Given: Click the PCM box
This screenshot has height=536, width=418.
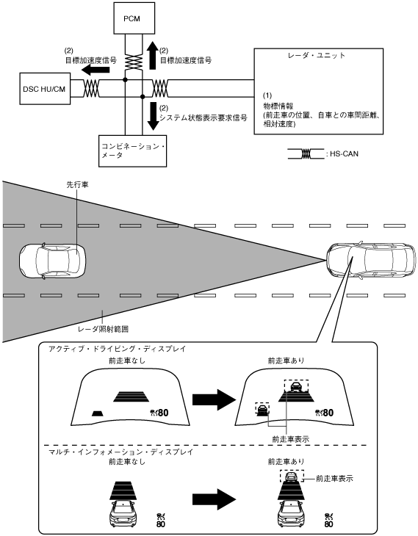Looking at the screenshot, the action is click(131, 18).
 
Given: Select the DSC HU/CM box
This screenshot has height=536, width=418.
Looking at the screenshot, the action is click(45, 89).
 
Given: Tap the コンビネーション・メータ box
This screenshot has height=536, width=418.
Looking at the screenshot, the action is click(132, 151).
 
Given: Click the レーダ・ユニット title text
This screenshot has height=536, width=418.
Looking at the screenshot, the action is click(317, 55).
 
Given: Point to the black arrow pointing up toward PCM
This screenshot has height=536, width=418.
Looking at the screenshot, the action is click(153, 56).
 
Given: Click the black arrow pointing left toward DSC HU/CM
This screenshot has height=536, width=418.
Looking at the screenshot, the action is click(96, 70).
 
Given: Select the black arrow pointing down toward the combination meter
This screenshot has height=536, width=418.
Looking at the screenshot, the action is click(154, 116).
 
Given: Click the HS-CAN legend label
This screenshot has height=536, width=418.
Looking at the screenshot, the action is click(344, 154).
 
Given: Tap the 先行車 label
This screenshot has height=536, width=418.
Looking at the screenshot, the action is click(77, 184).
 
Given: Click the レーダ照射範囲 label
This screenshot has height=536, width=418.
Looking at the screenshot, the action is click(103, 329).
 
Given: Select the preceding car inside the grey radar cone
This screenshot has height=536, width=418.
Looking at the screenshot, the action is click(52, 261).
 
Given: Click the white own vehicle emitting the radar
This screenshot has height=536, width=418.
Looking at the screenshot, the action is click(371, 261).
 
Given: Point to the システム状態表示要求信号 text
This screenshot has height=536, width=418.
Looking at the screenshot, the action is click(203, 117).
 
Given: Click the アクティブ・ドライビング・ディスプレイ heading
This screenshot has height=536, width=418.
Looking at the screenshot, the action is click(117, 349).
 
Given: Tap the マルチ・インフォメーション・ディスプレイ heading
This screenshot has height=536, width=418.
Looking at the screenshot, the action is click(120, 452).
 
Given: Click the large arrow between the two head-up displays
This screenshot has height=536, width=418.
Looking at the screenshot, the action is click(214, 399).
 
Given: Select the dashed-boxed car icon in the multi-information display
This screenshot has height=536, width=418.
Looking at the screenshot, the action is click(292, 476).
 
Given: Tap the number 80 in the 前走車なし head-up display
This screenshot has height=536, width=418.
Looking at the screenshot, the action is click(163, 413).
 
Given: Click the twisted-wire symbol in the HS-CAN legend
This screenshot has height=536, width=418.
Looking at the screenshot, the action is click(306, 154).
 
